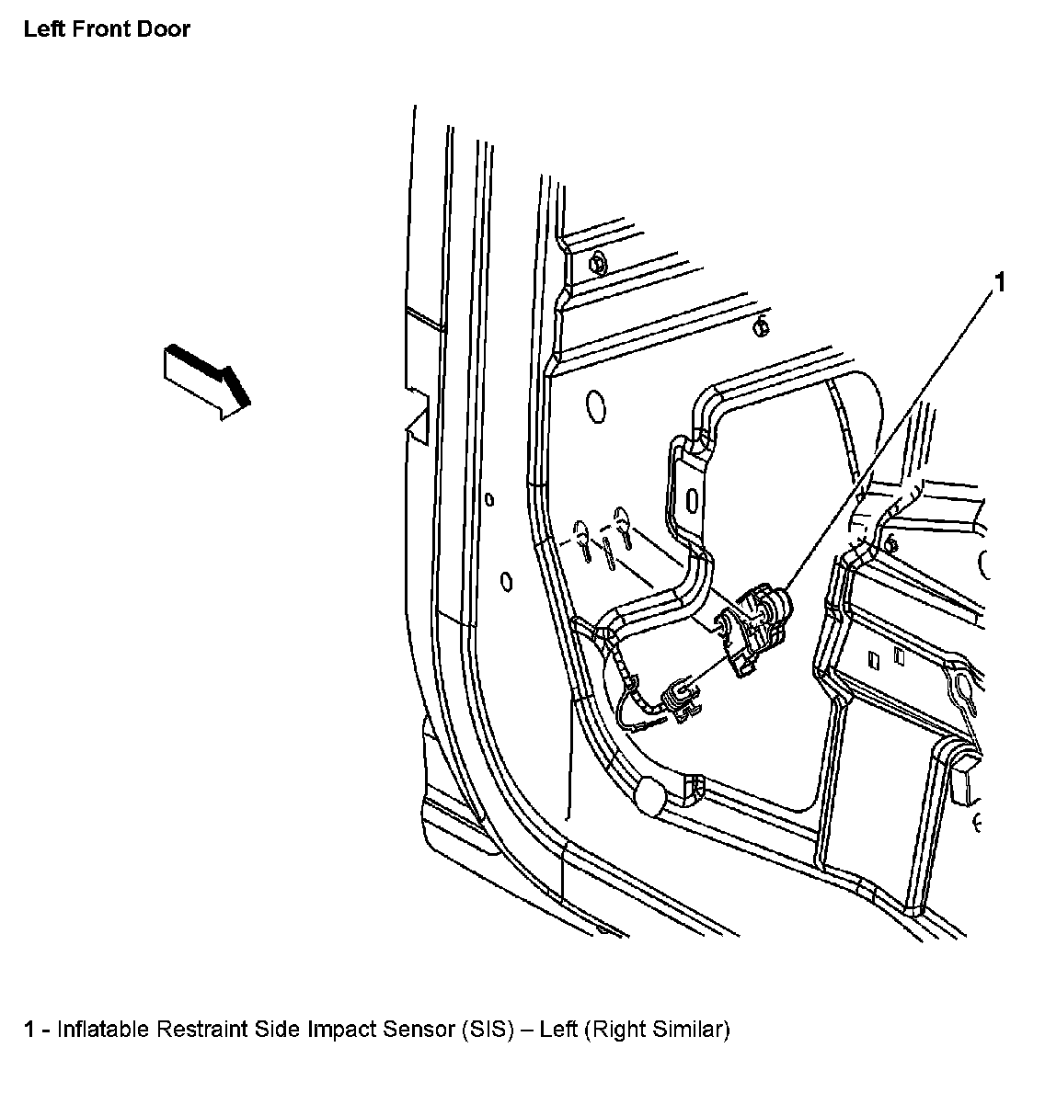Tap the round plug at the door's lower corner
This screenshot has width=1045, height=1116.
click(x=653, y=796)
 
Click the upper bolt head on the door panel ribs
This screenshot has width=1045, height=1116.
click(x=595, y=263)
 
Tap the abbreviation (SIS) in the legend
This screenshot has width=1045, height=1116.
click(x=486, y=1030)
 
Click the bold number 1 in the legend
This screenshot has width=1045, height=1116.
click(x=30, y=1030)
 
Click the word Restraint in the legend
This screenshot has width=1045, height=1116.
click(x=197, y=1030)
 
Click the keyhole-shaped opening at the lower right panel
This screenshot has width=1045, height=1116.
click(x=959, y=685)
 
